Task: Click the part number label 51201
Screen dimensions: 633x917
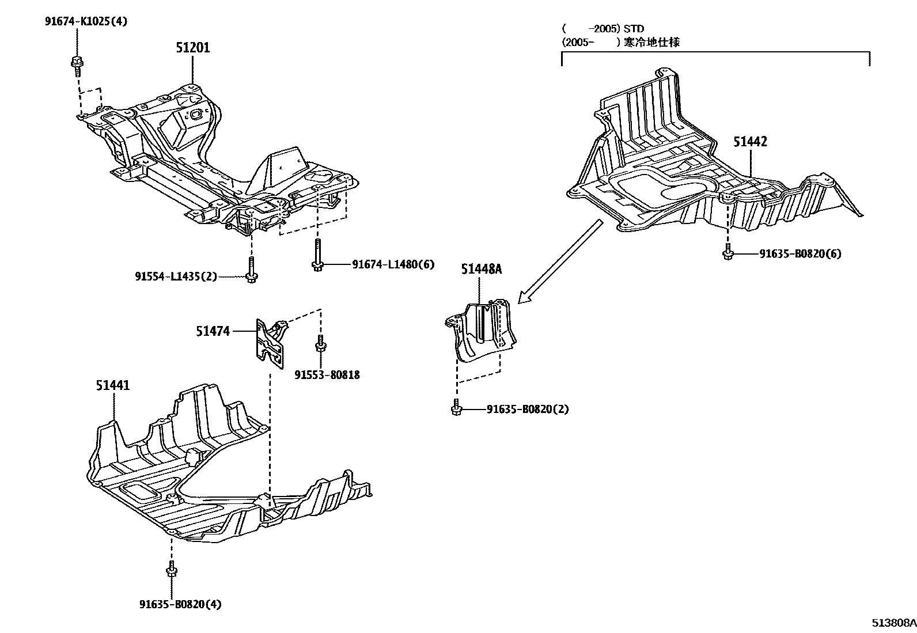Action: click(x=192, y=48)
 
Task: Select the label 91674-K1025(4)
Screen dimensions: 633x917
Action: click(x=86, y=22)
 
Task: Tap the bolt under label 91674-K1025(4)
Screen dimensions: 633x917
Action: click(x=75, y=66)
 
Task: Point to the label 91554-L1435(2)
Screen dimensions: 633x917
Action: click(x=176, y=276)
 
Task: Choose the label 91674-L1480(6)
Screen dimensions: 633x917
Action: click(x=393, y=264)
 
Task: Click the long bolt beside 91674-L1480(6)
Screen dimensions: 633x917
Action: click(x=317, y=255)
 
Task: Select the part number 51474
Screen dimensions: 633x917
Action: click(x=213, y=331)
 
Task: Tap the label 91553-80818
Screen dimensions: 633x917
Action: click(x=327, y=375)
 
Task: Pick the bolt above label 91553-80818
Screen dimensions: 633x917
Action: click(x=319, y=344)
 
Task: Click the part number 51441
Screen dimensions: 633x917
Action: click(x=113, y=385)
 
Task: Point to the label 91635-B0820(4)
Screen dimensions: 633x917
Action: click(x=180, y=604)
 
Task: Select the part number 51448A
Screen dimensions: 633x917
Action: click(x=481, y=269)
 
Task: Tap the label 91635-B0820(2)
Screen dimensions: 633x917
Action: click(x=527, y=410)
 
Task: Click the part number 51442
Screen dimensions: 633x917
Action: click(x=750, y=142)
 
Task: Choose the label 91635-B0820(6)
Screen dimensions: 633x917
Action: click(x=799, y=253)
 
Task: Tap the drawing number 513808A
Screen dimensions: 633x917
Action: click(x=893, y=623)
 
